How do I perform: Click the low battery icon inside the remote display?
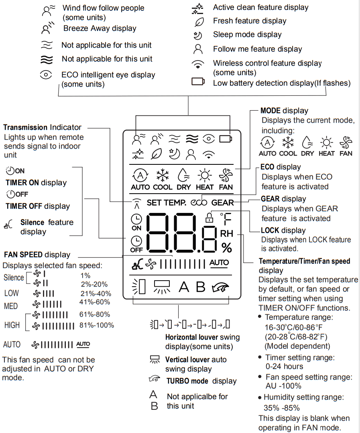[226, 139]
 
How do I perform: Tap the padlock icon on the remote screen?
[209, 218]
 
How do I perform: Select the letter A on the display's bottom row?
[184, 287]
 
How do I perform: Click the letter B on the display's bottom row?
[201, 287]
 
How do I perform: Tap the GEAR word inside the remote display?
[223, 202]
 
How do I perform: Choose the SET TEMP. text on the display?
[166, 202]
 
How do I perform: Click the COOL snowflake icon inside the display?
[163, 175]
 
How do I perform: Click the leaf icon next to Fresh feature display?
[199, 21]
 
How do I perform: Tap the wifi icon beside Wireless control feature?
[198, 64]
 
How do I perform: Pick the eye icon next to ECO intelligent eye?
[46, 75]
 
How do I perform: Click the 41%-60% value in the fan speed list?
[95, 302]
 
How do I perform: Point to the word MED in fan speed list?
[11, 306]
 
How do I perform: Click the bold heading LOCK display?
[283, 231]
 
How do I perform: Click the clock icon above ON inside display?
[136, 219]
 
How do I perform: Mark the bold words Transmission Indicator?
[42, 127]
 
